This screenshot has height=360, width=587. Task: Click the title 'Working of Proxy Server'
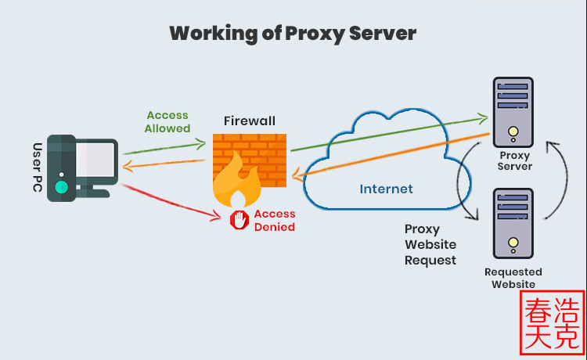pos(293,33)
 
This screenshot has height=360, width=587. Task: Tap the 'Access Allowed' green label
pos(167,121)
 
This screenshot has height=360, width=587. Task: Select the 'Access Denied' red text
pos(274,221)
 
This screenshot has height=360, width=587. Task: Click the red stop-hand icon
pos(239,221)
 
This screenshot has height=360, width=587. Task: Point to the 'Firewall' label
pos(250,121)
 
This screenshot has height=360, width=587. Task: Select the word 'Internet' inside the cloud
pos(386,189)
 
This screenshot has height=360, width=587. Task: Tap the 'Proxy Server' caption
pos(514,161)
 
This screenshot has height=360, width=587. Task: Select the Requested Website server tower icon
pos(513,223)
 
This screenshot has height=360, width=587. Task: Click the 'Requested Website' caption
pos(513,278)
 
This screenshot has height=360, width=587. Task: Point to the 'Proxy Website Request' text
pos(430,244)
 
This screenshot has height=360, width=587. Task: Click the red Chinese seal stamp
pos(553,323)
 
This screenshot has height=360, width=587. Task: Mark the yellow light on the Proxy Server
pos(513,131)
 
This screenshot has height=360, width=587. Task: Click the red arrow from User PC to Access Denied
pos(172,200)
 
